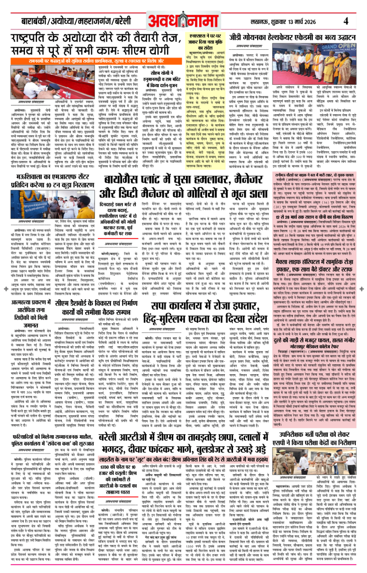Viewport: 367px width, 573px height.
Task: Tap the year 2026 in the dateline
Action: pos(308,22)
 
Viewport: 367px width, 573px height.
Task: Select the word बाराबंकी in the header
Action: pos(34,21)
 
